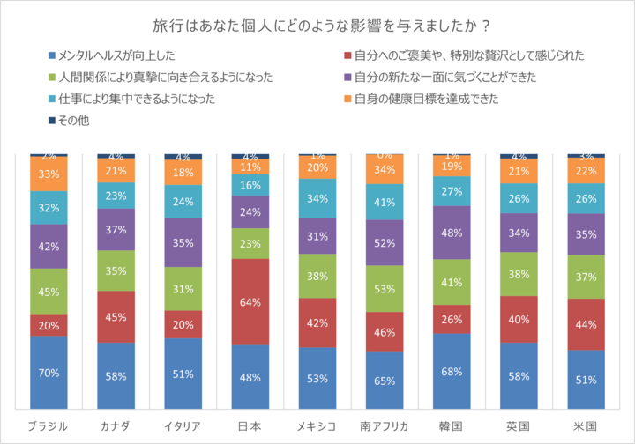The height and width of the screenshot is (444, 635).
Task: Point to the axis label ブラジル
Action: pos(49,425)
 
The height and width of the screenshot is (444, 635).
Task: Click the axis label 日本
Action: pos(250,425)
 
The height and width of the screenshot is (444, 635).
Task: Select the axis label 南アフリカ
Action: pos(385,425)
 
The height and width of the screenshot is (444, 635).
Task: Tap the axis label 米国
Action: pos(586,425)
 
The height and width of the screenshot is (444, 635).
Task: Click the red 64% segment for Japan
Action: pos(250,302)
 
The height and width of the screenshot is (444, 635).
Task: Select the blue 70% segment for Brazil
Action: pos(49,373)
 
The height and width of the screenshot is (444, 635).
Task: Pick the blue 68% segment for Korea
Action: pos(452,372)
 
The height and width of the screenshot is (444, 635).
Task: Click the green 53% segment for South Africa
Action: pos(385,287)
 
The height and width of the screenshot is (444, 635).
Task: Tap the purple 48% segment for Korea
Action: pos(452,233)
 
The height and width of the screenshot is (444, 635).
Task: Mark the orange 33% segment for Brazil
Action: pos(49,174)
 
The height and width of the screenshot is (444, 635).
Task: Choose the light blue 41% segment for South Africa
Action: pos(385,202)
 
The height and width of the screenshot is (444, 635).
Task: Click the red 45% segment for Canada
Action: pos(116,317)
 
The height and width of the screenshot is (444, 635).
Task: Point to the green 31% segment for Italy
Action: pos(183,289)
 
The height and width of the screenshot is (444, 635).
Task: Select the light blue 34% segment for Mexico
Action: pos(317,198)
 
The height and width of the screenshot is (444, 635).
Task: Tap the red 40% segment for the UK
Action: pos(519,319)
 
